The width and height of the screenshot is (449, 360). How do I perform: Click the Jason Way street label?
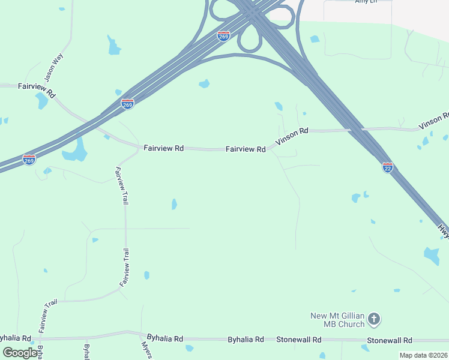coord(53,67)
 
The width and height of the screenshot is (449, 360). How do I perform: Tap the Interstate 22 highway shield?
coord(388,167)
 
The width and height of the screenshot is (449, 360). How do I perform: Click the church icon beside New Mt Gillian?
coord(374,319)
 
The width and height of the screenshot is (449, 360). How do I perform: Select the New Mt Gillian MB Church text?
coord(337,320)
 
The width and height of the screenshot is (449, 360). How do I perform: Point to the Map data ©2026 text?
coord(423,355)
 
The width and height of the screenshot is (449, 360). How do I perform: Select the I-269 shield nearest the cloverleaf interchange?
coord(223,36)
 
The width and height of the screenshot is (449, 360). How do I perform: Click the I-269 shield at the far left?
coord(29,160)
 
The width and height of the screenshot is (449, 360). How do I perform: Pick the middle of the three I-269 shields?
coord(127,104)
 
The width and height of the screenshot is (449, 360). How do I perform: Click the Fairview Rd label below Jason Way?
coord(37,90)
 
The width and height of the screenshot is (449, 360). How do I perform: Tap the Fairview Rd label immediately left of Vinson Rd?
coord(246,149)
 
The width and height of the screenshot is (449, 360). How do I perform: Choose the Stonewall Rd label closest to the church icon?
coord(391,340)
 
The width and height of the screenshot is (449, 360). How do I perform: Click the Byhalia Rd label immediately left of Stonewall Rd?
coord(246,340)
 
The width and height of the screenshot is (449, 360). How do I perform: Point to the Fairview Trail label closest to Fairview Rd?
coord(121,187)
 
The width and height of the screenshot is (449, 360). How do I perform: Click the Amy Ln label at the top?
coord(365,2)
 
